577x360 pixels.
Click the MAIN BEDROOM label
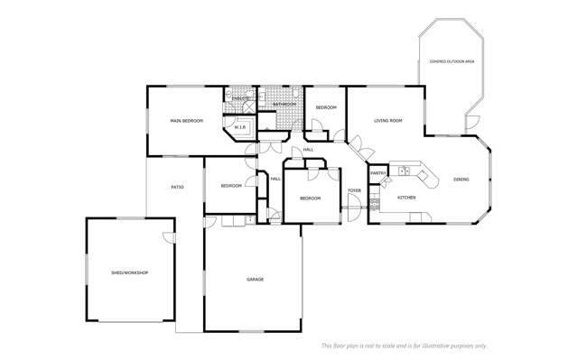pos(186,120)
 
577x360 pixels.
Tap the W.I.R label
pos(240,128)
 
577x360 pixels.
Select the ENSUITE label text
pos(239,97)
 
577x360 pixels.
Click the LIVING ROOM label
pos(388,120)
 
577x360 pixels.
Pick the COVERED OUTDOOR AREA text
pos(451,61)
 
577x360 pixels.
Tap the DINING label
pos(461,180)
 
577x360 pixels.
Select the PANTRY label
pos(378,172)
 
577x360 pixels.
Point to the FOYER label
pos(355,190)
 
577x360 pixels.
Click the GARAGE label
pos(255,280)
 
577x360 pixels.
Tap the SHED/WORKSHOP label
pos(129,272)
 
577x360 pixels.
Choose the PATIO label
pos(178,187)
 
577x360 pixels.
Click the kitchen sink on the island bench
pos(405,170)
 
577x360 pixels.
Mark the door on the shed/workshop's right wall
pos(168,238)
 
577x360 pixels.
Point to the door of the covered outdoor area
pos(471,125)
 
